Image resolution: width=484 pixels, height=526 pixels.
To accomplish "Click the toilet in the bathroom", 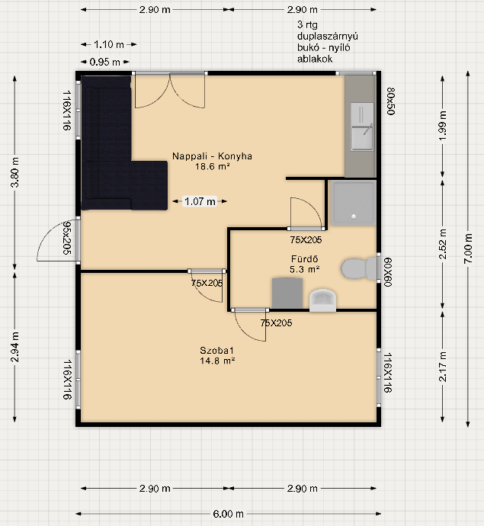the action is (x=358, y=268).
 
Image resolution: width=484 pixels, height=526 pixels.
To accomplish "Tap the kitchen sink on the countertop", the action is (x=362, y=127).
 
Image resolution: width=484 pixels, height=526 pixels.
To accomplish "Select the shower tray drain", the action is (x=354, y=216).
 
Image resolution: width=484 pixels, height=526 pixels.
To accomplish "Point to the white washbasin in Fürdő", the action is (x=322, y=300).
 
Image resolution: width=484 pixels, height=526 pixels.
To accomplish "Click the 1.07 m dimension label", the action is (x=200, y=201).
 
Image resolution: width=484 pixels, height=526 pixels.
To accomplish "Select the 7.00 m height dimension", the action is (x=468, y=249).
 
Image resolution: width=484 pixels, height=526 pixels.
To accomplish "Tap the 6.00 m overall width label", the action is (x=228, y=514).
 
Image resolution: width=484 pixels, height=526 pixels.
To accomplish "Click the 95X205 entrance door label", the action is (x=67, y=238).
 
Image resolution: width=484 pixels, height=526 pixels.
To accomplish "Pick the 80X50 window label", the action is (x=391, y=101).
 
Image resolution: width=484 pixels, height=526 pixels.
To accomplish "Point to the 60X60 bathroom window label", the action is (x=388, y=272).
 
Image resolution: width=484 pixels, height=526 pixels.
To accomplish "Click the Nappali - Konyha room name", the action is (x=212, y=156).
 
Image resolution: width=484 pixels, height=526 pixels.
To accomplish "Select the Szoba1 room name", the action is (x=216, y=350).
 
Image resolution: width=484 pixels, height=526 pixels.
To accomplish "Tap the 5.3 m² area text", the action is (x=305, y=269).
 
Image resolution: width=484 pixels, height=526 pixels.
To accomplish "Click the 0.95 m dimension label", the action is (x=104, y=62).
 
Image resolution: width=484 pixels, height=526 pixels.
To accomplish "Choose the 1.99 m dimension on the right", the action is (x=443, y=126).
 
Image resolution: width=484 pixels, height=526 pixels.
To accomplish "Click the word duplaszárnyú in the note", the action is (x=327, y=37).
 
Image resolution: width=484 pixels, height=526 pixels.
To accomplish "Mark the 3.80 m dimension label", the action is (x=14, y=172).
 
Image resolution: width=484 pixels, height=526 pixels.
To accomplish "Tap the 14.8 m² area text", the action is (x=217, y=361).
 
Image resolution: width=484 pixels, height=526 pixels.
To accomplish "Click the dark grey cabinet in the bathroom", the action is (x=287, y=293).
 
